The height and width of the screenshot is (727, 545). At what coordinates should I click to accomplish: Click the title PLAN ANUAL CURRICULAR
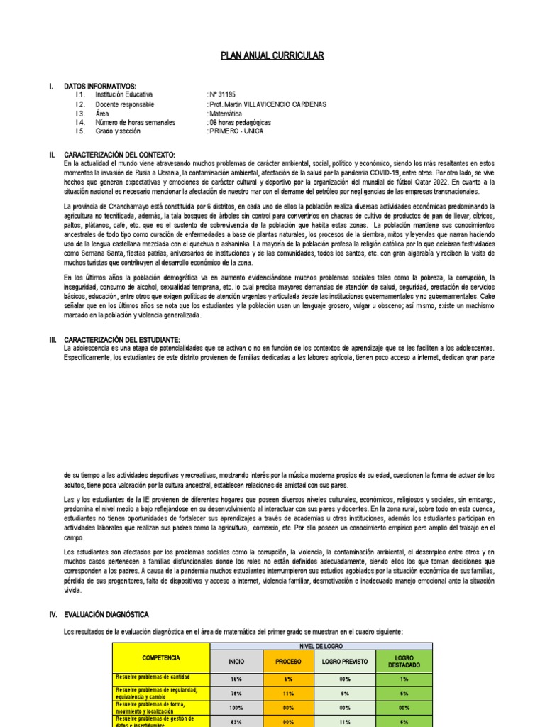coord(272,55)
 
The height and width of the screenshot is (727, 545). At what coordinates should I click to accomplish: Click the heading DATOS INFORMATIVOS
coord(99,86)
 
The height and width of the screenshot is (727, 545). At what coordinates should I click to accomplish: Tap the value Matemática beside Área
coord(225,113)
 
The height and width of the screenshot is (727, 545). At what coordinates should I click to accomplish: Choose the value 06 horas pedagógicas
coord(240,122)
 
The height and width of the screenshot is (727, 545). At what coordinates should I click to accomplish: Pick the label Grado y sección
coord(118,131)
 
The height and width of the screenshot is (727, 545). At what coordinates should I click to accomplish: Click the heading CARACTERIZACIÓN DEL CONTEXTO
coord(119,155)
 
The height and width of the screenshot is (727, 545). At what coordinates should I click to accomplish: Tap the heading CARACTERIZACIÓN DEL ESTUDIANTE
coord(122,340)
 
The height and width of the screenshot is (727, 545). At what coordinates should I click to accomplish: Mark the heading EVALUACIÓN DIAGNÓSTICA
coord(106,614)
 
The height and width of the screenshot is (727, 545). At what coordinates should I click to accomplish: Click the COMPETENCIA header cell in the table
coord(160,658)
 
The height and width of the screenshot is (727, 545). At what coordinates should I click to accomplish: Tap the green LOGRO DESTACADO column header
coord(404,662)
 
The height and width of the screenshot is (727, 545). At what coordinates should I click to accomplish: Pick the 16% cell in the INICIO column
coord(236,679)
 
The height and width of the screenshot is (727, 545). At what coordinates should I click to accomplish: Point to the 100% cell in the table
coord(236,707)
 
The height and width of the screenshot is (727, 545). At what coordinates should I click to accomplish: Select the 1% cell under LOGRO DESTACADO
coord(404,679)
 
